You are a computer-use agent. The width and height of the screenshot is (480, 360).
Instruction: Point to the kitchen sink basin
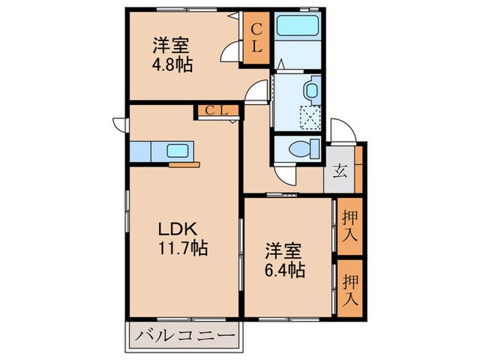(180, 151)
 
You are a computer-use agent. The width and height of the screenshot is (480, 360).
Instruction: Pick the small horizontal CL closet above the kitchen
(217, 110)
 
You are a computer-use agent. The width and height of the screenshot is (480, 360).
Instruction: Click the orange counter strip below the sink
(184, 165)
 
